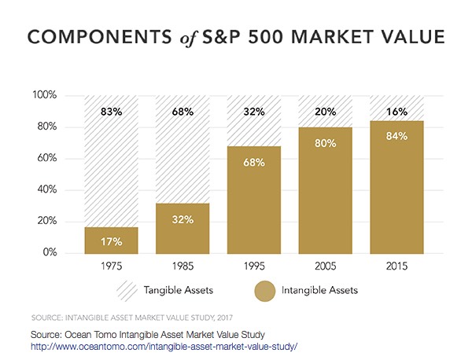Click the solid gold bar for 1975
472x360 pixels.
tap(110, 241)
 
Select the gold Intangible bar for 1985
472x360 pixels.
tap(182, 229)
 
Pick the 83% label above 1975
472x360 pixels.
tap(110, 112)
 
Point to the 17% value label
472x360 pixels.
tap(110, 241)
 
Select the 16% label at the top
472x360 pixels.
tap(396, 112)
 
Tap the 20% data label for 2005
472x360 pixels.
tap(325, 112)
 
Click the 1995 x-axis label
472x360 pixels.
tap(253, 266)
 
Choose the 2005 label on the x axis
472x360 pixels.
tap(325, 266)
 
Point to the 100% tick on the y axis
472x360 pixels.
tap(45, 96)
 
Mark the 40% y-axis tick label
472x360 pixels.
tap(47, 190)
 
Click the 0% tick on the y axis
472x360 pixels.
tap(50, 253)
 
